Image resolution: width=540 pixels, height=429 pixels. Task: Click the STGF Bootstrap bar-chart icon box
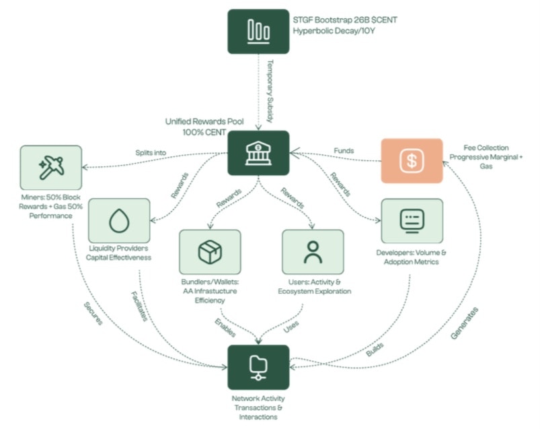click(x=258, y=30)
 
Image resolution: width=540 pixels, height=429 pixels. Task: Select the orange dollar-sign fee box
click(x=412, y=161)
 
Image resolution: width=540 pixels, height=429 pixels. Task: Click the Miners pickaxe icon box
click(x=50, y=167)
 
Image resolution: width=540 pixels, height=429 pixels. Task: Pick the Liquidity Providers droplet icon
click(x=119, y=220)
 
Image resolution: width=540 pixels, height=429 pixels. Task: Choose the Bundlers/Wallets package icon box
click(x=209, y=251)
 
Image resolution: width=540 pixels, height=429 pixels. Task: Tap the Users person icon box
click(x=312, y=251)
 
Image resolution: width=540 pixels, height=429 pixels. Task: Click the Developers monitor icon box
click(x=412, y=220)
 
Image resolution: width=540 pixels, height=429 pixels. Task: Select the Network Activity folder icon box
click(x=258, y=367)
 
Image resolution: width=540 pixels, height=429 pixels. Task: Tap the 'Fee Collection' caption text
click(x=486, y=147)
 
